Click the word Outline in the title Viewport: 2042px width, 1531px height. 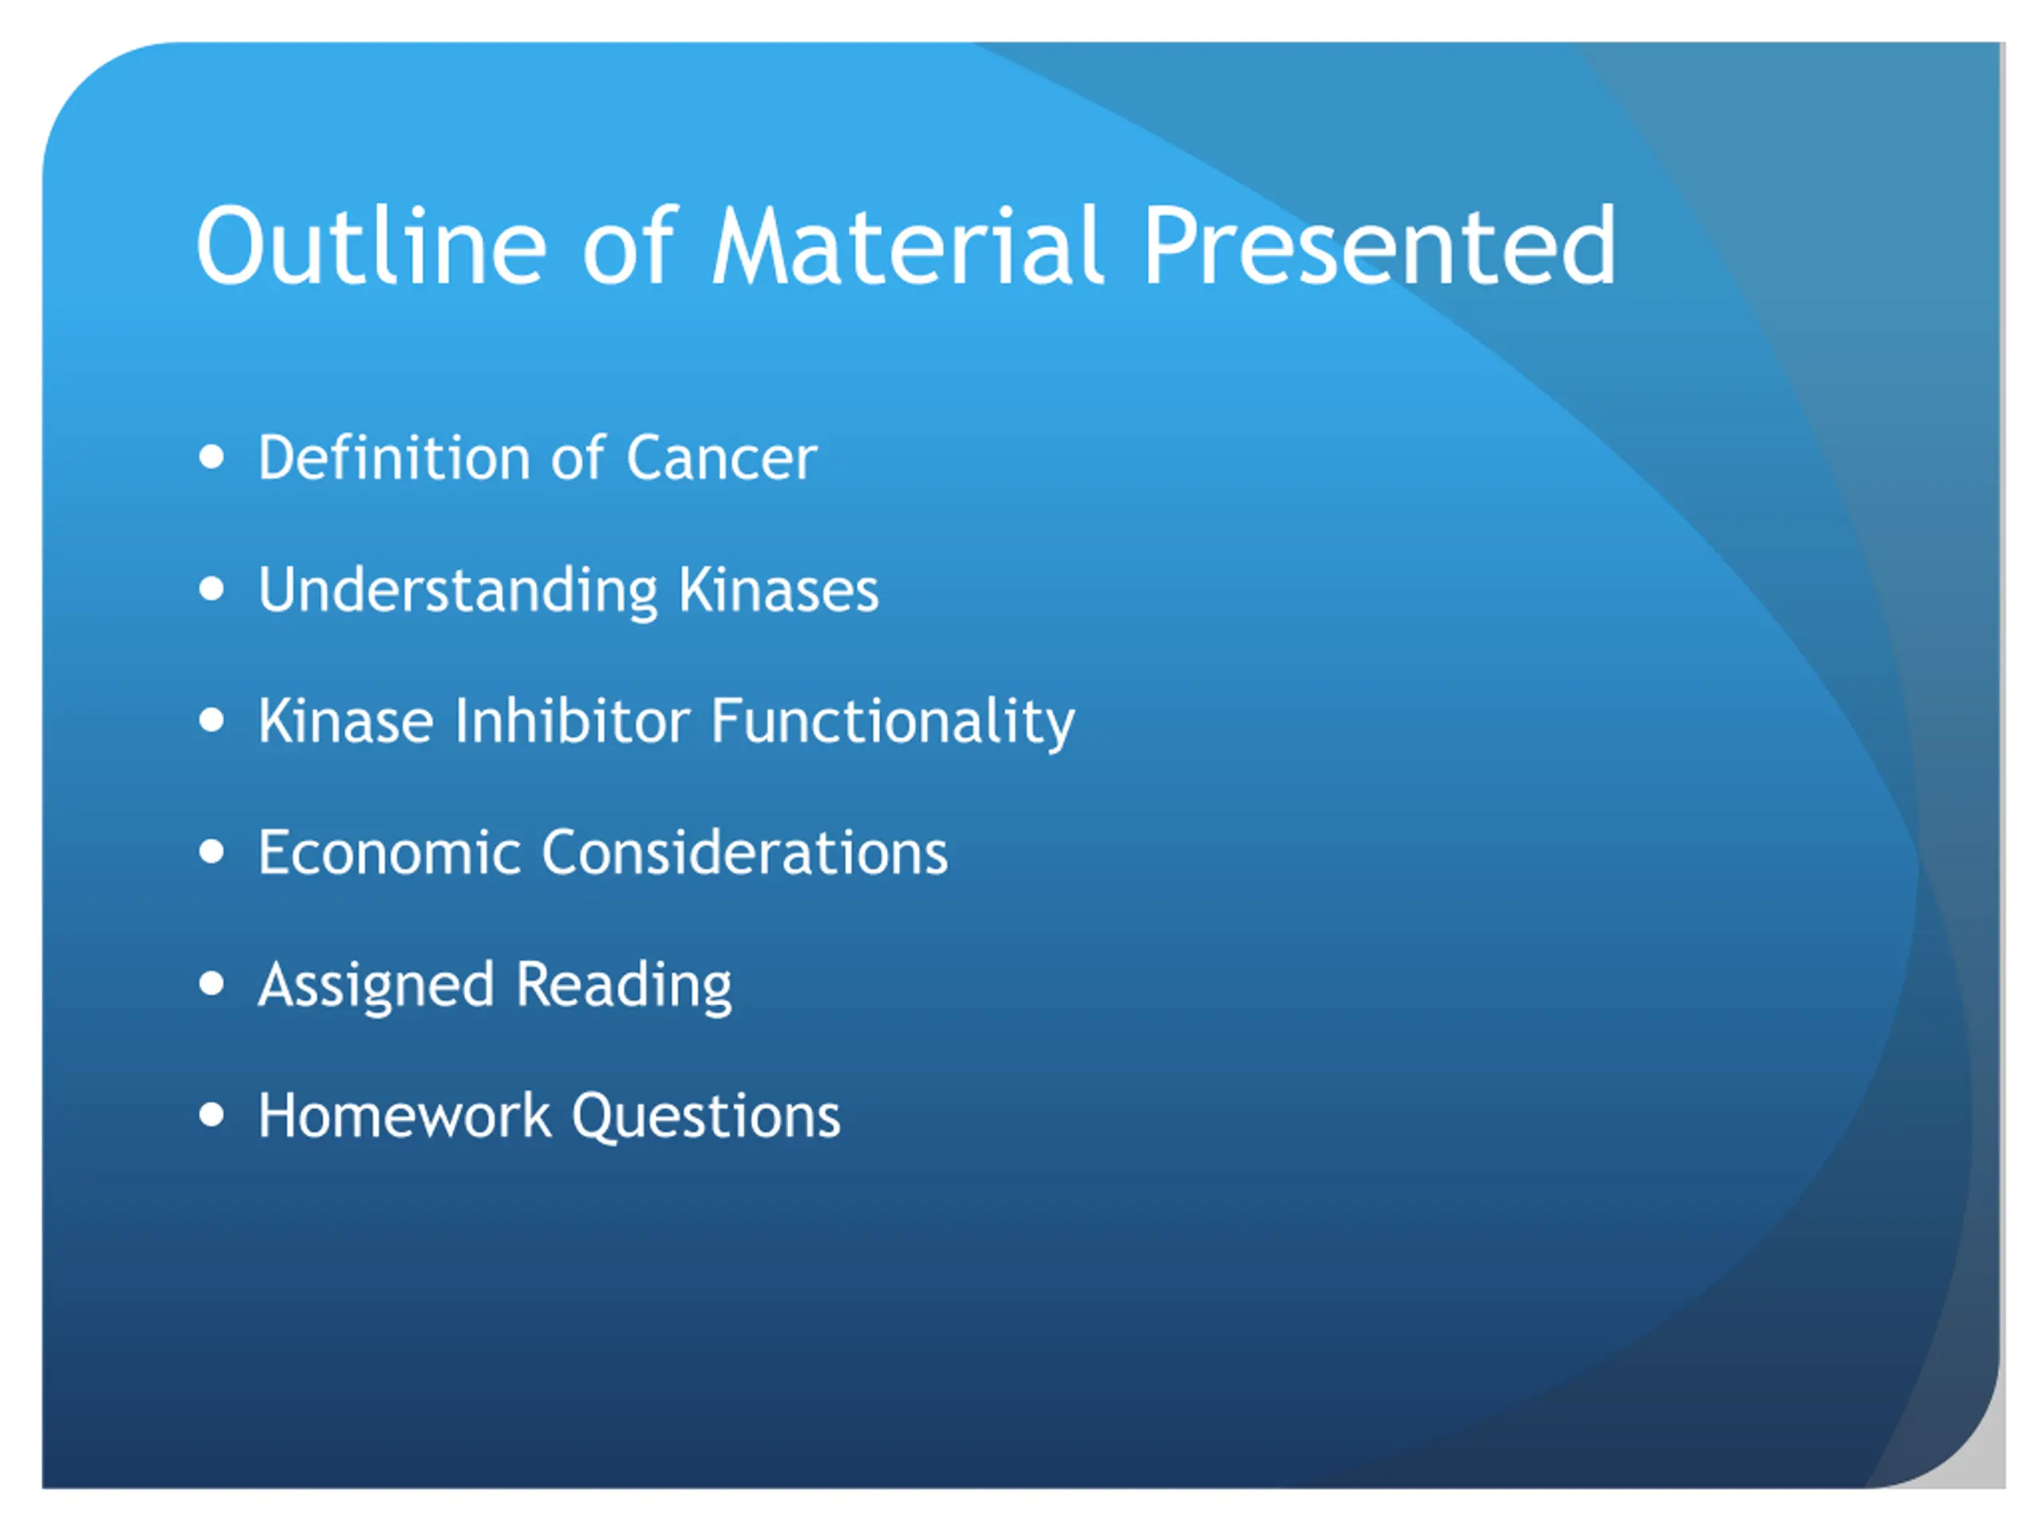tap(372, 246)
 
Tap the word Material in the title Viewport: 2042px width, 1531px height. tap(908, 246)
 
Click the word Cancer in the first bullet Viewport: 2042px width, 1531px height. tap(721, 458)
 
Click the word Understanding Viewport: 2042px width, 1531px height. tap(458, 591)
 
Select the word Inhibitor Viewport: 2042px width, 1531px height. tap(573, 721)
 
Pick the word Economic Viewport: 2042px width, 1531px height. tap(389, 852)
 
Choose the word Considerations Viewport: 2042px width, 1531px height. tap(744, 852)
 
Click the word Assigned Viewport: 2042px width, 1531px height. tap(376, 986)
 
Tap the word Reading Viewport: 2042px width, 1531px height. tap(624, 986)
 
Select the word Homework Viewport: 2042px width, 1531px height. tap(404, 1116)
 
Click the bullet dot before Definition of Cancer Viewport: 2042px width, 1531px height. tap(211, 457)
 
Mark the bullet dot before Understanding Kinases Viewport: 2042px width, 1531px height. tap(211, 588)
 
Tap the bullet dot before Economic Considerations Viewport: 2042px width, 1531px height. tap(211, 852)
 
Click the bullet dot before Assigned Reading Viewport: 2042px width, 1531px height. tap(211, 984)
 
